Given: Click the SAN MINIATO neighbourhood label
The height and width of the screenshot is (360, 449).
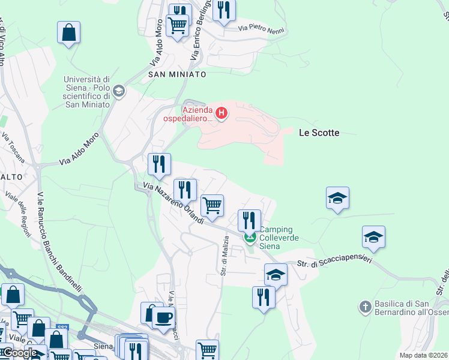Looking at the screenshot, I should [x=177, y=74].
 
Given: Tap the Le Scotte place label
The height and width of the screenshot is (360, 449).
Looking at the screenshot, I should [x=319, y=133].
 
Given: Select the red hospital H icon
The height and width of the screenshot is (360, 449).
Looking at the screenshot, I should [x=222, y=112].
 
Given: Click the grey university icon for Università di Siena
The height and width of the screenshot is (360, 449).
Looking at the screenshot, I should [x=119, y=91].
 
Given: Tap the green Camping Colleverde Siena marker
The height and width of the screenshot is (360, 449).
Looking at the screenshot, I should [x=250, y=238].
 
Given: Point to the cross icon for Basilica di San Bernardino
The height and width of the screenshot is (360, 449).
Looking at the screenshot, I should [x=364, y=308].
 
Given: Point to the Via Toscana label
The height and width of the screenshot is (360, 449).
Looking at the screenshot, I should [x=13, y=148].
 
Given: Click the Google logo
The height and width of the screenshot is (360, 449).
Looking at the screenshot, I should [x=19, y=353].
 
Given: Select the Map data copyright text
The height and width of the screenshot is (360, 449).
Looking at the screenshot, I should [x=423, y=355].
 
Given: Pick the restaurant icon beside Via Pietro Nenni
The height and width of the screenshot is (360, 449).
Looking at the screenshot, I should [x=224, y=10].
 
